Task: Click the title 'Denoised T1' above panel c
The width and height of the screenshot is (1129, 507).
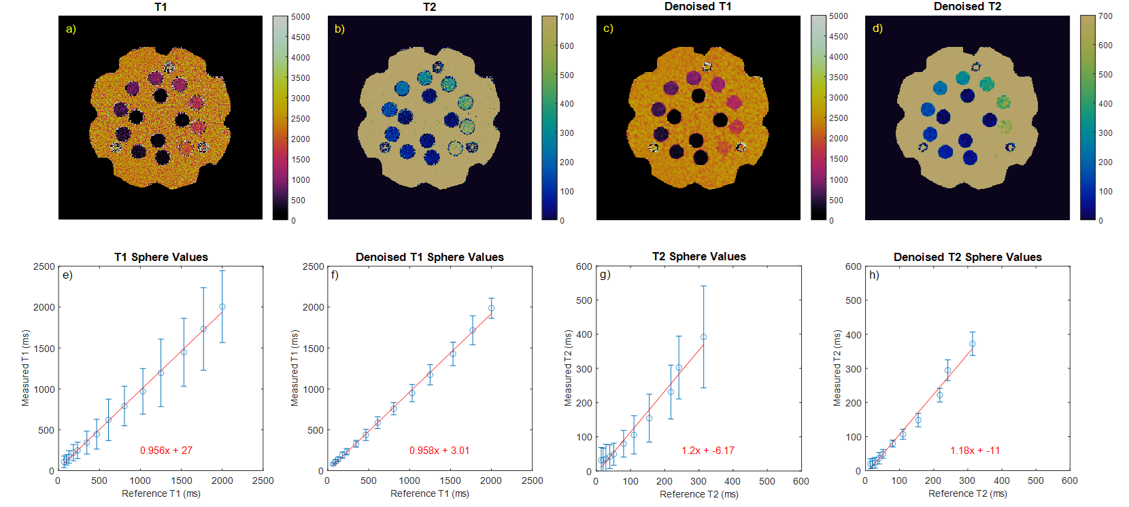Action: click(698, 7)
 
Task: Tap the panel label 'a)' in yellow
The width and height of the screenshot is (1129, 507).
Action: click(71, 29)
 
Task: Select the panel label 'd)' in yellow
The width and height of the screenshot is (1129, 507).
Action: click(877, 28)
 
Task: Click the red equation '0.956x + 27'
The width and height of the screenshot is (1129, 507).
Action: click(166, 451)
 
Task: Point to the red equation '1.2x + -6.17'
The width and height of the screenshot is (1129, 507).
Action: click(708, 451)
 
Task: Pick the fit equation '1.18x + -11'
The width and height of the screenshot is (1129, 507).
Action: click(975, 451)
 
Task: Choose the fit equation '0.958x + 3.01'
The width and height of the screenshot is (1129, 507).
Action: click(439, 451)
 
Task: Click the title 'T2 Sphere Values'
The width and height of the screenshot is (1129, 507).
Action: click(698, 256)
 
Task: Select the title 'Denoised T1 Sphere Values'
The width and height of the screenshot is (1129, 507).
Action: click(429, 257)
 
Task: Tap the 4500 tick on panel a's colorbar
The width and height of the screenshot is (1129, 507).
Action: click(300, 37)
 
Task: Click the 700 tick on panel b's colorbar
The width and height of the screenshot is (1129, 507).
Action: click(567, 17)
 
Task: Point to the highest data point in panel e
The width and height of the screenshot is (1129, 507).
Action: click(222, 307)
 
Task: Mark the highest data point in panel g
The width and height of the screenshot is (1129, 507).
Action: click(703, 337)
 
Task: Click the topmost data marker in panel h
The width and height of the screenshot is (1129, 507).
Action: click(973, 344)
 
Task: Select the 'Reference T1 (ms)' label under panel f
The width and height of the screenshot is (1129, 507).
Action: click(429, 493)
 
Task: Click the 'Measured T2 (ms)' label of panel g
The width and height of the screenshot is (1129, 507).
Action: click(568, 368)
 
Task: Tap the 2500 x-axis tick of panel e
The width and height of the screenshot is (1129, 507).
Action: click(263, 480)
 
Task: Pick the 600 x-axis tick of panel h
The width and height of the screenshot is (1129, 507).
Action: click(1070, 480)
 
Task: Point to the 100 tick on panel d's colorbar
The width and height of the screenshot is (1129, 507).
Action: click(1105, 192)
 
